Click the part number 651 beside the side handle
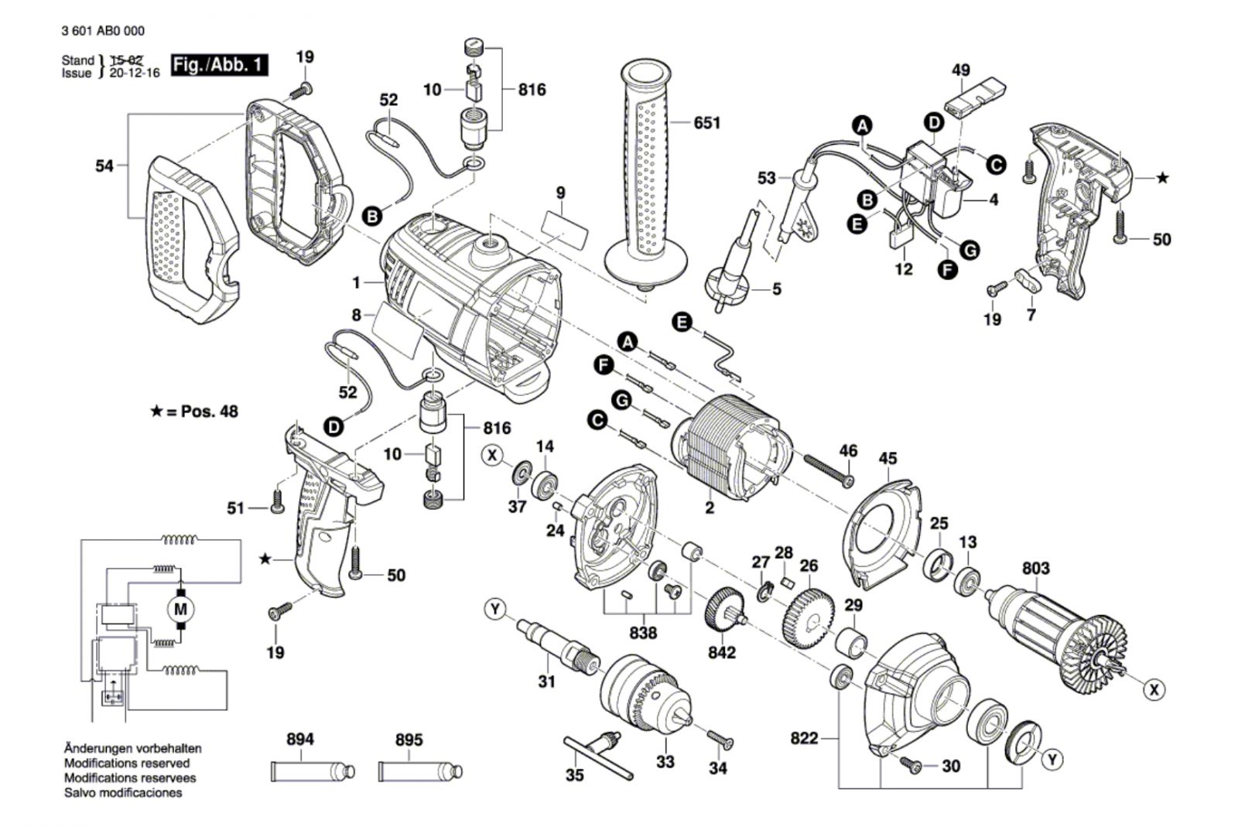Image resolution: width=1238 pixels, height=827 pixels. (x=707, y=123)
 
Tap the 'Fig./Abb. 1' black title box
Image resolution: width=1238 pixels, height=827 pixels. (x=220, y=65)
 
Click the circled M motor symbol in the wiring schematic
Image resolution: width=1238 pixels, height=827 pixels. (x=180, y=610)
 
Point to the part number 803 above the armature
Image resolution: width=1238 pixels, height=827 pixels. (x=1036, y=569)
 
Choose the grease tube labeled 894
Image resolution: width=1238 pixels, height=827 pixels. (x=313, y=771)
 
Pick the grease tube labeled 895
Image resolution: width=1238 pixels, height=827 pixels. (x=421, y=771)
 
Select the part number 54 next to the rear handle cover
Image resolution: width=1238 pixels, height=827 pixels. (x=104, y=166)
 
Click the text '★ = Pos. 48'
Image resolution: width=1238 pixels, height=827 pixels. (x=194, y=412)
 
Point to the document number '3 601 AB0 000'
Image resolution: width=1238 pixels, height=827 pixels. (x=104, y=31)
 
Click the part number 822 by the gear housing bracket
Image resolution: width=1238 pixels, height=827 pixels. (x=804, y=738)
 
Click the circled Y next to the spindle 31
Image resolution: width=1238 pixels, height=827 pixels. (x=495, y=610)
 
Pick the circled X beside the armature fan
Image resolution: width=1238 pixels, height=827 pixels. (x=1154, y=690)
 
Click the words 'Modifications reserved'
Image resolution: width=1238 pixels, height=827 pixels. (x=127, y=763)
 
